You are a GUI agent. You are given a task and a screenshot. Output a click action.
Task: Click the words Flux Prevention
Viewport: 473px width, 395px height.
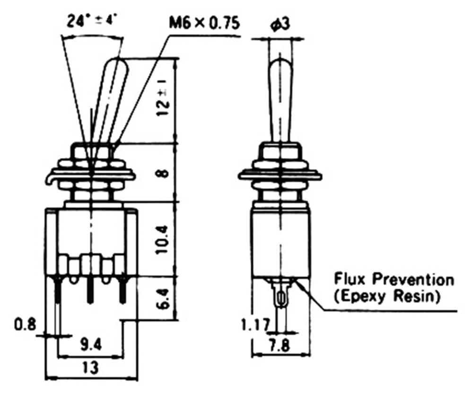(x=394, y=279)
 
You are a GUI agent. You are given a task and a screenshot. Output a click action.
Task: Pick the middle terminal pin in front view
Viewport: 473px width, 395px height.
(x=90, y=289)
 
